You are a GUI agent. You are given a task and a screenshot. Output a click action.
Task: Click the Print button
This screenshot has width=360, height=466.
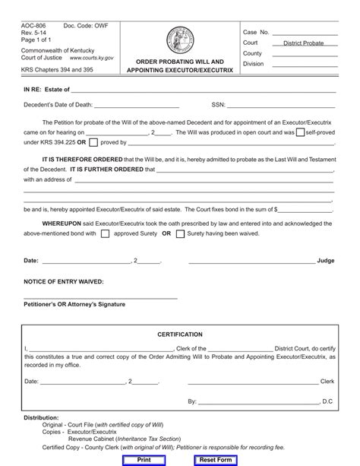click(x=144, y=460)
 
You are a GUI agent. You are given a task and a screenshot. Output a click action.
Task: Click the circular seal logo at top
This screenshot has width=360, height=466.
click(x=180, y=39)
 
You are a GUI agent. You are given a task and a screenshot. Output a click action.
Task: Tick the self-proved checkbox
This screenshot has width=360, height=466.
click(x=300, y=132)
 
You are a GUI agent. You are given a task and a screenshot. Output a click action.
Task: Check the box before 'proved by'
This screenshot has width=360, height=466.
click(x=93, y=141)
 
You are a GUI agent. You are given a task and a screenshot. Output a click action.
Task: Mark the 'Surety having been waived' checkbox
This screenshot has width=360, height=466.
click(x=180, y=234)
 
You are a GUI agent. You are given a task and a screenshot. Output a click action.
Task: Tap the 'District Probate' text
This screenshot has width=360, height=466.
click(x=303, y=43)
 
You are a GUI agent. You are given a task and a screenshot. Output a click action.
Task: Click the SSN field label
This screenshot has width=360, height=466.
click(x=217, y=106)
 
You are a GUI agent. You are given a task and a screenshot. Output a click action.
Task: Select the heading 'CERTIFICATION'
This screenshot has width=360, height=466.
click(x=180, y=334)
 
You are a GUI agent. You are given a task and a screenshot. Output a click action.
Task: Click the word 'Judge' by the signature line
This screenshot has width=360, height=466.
click(x=325, y=261)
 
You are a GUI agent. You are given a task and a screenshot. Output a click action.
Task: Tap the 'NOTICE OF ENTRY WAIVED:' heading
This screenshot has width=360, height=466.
click(x=64, y=281)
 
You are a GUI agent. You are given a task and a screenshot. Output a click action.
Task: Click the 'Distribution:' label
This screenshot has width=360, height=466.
click(x=41, y=417)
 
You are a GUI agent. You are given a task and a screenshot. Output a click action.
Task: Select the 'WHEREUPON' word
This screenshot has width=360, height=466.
click(x=62, y=223)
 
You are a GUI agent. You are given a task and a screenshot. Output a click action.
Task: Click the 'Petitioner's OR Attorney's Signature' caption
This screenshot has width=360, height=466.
click(x=74, y=304)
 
